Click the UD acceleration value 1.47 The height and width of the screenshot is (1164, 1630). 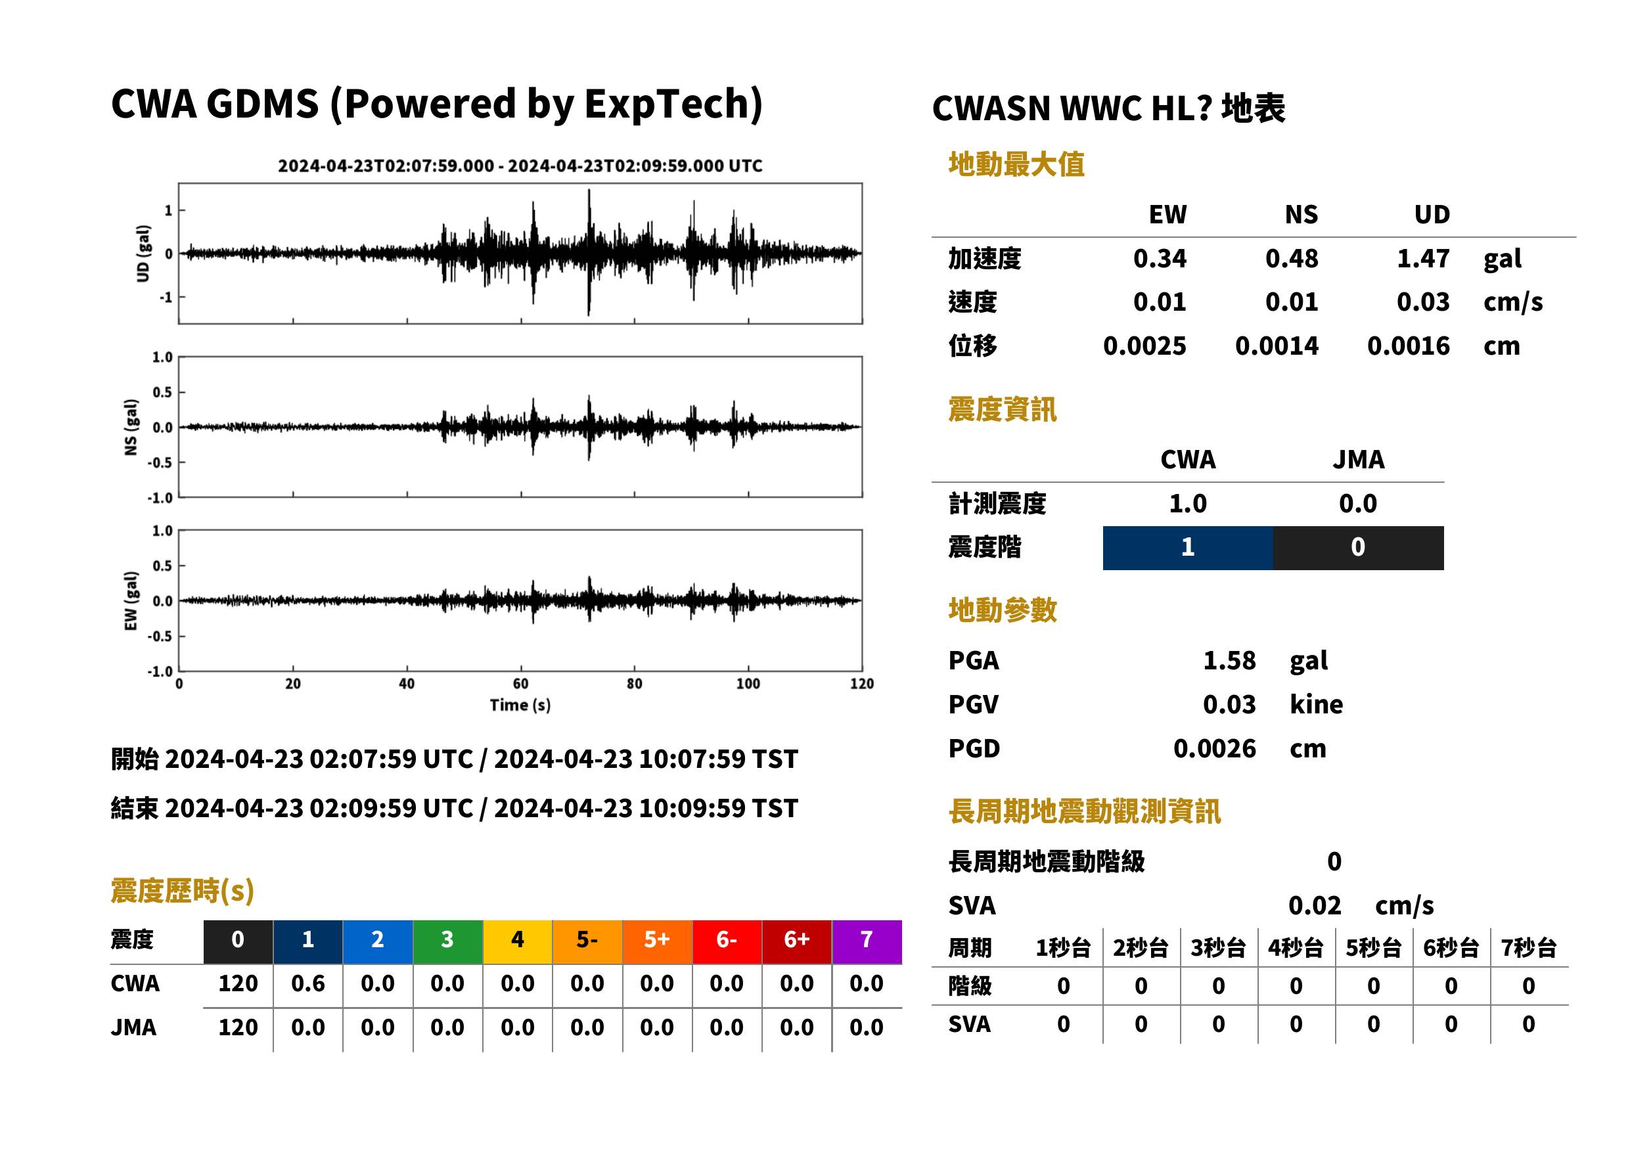[x=1423, y=259]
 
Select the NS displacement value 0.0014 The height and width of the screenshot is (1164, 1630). [x=1277, y=346]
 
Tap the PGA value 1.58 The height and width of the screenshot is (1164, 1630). [x=1229, y=660]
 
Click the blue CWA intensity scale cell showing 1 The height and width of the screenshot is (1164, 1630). [x=1188, y=548]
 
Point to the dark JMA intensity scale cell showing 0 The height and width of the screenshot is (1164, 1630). [x=1359, y=548]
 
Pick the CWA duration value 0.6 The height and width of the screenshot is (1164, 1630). [x=308, y=983]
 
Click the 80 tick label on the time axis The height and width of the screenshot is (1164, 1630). [x=635, y=684]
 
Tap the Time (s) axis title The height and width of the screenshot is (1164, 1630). [x=520, y=705]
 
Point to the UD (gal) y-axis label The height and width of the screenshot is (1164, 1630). [x=144, y=253]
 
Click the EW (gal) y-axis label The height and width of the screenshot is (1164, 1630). [x=131, y=600]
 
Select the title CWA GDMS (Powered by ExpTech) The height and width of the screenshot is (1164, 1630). [x=436, y=104]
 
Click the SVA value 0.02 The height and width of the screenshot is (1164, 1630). [x=1315, y=905]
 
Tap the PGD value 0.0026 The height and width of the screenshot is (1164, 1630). [x=1214, y=748]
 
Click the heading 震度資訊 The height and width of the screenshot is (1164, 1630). [x=1002, y=409]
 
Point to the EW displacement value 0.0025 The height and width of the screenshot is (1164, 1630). [x=1144, y=346]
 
